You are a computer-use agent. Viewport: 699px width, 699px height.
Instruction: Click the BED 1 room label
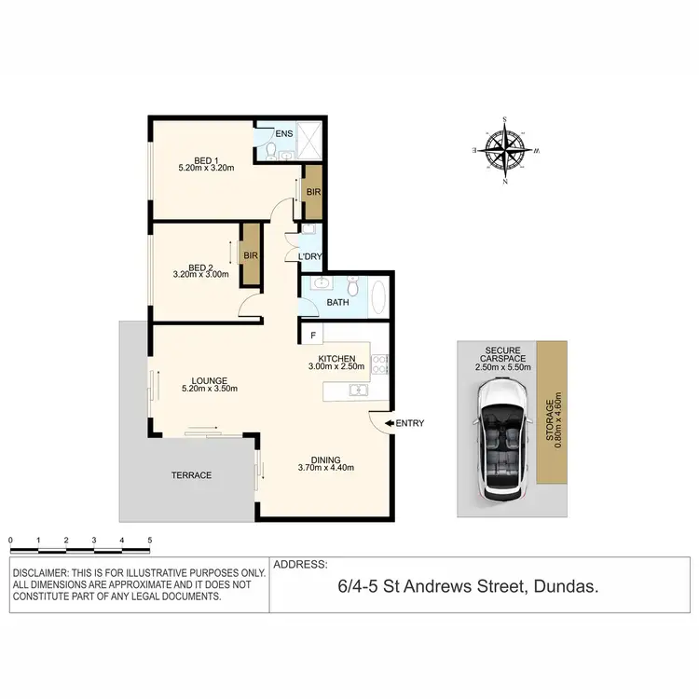pyautogui.click(x=204, y=158)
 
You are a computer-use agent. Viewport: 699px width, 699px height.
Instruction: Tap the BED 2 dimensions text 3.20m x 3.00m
pyautogui.click(x=200, y=275)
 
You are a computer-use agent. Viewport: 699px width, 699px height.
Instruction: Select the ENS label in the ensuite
pyautogui.click(x=283, y=133)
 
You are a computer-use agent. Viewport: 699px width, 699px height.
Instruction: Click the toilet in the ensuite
pyautogui.click(x=267, y=151)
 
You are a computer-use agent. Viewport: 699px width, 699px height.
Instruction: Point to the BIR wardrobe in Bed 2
pyautogui.click(x=250, y=255)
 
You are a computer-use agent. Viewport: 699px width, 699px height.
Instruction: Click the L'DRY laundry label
pyautogui.click(x=309, y=256)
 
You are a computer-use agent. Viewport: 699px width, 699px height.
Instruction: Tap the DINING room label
pyautogui.click(x=325, y=459)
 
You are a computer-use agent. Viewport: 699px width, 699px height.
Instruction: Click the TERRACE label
pyautogui.click(x=191, y=475)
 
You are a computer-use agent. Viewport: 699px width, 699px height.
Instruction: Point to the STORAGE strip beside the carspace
pyautogui.click(x=552, y=412)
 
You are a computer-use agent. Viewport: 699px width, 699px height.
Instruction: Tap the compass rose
pyautogui.click(x=505, y=150)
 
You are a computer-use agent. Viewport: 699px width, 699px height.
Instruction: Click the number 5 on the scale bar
pyautogui.click(x=149, y=540)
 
